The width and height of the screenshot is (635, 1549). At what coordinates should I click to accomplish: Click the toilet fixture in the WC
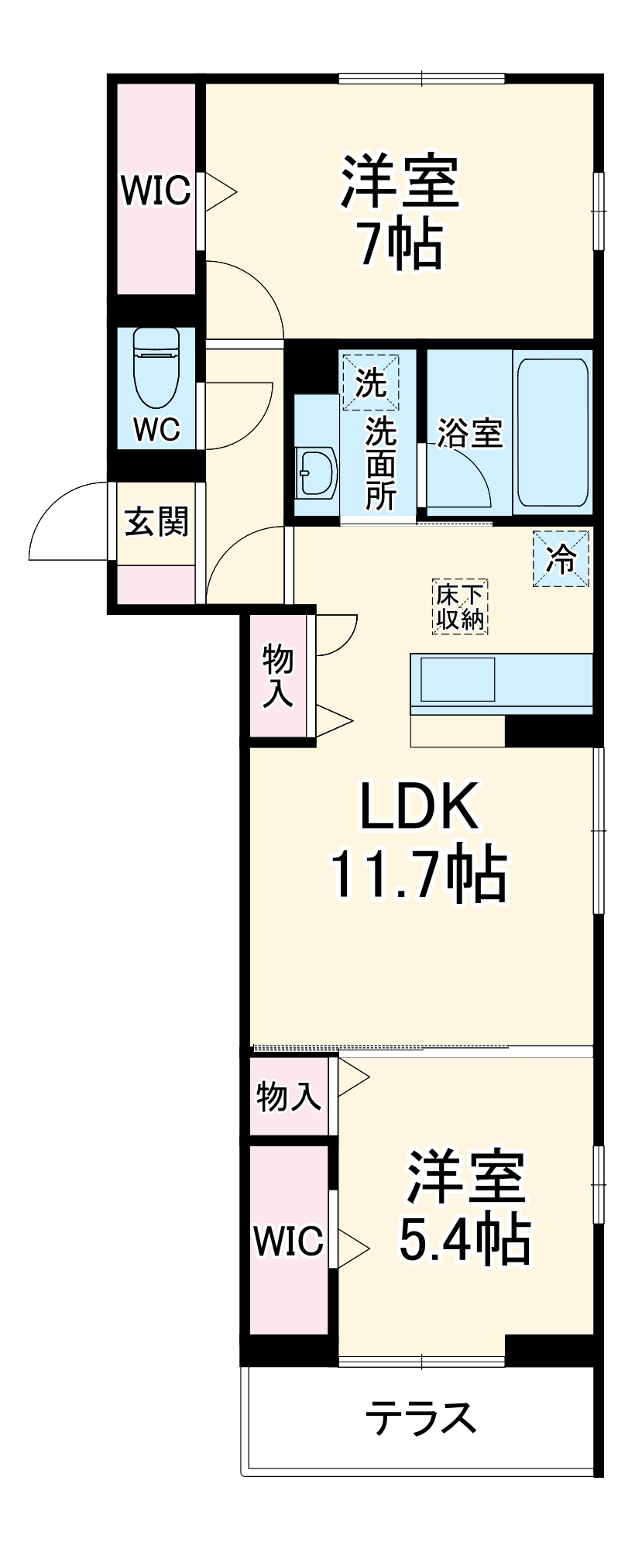tap(156, 366)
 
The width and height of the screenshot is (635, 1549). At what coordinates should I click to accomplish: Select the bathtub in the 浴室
tap(551, 432)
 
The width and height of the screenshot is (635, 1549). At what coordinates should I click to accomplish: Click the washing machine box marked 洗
tap(371, 382)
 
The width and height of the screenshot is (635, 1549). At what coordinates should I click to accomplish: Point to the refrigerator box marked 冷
tap(561, 558)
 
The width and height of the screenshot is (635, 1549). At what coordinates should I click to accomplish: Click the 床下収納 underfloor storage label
tap(460, 607)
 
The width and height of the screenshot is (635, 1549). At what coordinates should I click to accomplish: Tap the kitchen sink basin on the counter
tap(457, 679)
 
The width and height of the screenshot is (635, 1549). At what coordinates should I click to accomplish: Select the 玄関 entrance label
tap(157, 521)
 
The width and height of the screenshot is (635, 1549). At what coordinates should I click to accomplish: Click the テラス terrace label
tap(420, 1418)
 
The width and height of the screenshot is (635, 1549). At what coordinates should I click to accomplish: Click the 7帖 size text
tap(400, 244)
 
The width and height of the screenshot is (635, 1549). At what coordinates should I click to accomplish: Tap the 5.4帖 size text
tap(464, 1240)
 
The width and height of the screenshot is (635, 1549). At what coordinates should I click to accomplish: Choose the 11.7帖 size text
tap(419, 875)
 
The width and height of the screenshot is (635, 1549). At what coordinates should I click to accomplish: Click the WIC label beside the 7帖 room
tap(156, 190)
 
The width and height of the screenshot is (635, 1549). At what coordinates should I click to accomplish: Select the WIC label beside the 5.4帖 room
tap(288, 1241)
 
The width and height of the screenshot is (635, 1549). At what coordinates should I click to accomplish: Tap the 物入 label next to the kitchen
tap(278, 675)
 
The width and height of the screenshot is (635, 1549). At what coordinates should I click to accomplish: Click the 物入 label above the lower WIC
tap(288, 1097)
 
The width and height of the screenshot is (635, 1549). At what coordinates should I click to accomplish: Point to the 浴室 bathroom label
tap(470, 432)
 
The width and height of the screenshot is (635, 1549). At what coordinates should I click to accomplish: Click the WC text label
tap(156, 428)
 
